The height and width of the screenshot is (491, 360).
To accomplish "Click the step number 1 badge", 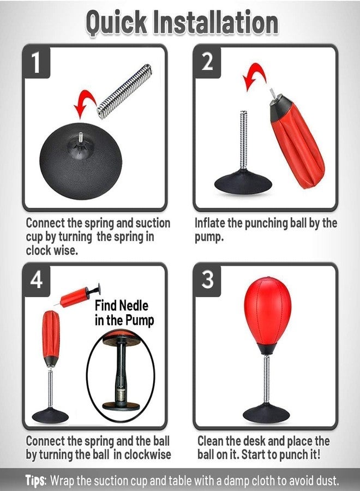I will click(36, 62).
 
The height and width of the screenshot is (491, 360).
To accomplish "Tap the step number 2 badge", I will click(207, 62).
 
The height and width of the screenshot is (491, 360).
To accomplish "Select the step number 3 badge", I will click(207, 280).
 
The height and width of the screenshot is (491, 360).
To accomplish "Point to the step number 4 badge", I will click(36, 280).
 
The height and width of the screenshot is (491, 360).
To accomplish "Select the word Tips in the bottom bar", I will click(35, 481).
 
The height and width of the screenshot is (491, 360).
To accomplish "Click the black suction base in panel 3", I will click(266, 412).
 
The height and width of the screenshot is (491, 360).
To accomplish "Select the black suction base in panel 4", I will click(50, 415).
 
